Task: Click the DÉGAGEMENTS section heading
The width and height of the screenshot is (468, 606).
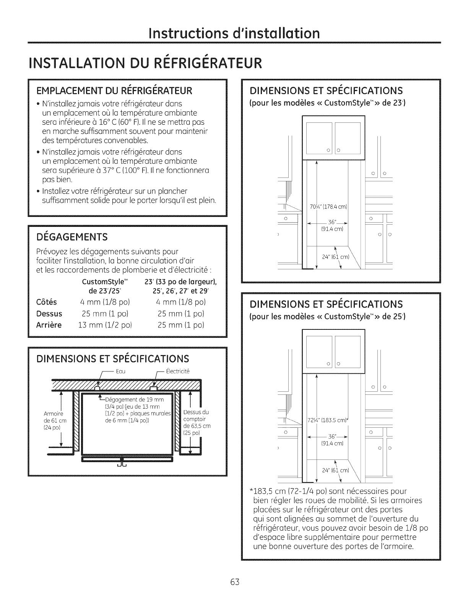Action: [x=72, y=237]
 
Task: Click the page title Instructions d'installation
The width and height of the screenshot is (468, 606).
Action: [x=234, y=33]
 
